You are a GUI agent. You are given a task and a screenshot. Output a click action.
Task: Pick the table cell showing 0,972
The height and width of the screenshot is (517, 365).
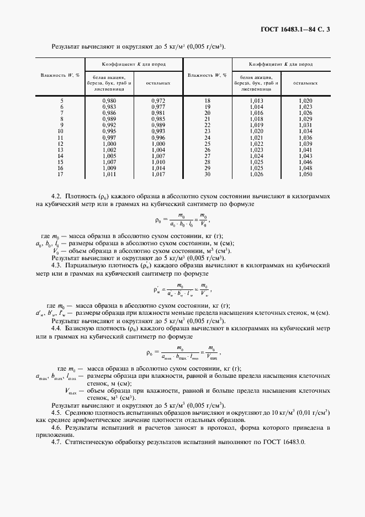(x=158, y=101)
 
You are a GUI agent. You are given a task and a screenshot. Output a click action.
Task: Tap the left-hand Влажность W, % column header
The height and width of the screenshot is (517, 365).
(x=61, y=75)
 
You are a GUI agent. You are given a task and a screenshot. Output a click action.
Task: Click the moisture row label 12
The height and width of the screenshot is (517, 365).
(x=61, y=144)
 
